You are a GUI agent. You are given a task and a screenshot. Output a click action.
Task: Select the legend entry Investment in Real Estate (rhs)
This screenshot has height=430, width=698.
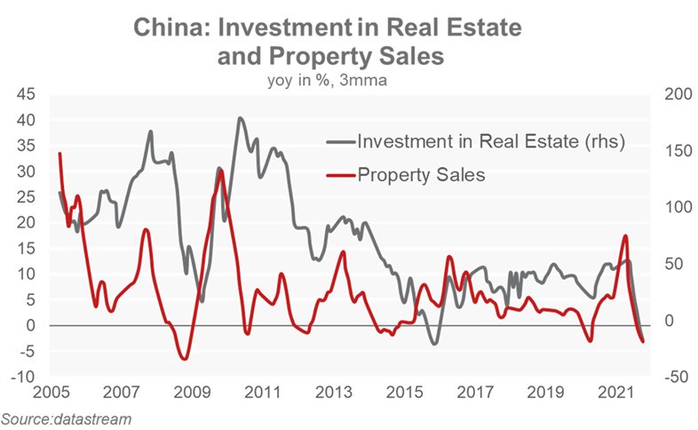490,140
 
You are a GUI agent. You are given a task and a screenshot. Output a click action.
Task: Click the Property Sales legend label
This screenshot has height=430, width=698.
421,175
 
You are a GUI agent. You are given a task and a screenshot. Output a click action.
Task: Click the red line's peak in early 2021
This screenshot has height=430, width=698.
626,235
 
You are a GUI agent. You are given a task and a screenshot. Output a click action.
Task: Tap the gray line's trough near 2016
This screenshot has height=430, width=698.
434,343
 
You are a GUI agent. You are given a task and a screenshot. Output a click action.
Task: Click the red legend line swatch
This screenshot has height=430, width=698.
340,175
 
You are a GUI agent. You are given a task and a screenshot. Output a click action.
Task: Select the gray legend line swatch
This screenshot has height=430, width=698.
340,140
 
